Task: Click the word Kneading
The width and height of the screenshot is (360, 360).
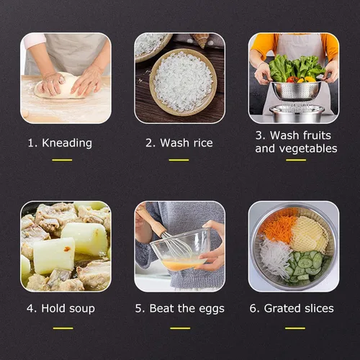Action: [67, 143]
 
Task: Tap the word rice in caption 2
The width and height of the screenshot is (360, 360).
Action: [203, 143]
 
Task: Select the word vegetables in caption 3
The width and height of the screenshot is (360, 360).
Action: [309, 149]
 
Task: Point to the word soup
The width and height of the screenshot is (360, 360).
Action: [82, 309]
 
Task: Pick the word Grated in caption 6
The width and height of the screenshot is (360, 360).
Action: [279, 308]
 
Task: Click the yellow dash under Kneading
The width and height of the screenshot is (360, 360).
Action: [62, 160]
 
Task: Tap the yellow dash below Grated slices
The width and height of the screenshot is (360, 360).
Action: [295, 328]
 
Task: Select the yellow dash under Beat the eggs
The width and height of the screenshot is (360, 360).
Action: [180, 328]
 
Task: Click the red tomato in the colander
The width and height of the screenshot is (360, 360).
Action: [292, 79]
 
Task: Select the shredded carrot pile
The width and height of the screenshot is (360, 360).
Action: [279, 228]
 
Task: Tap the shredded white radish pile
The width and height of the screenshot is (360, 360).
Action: [276, 257]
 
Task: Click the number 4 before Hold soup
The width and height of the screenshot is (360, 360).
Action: [30, 309]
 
